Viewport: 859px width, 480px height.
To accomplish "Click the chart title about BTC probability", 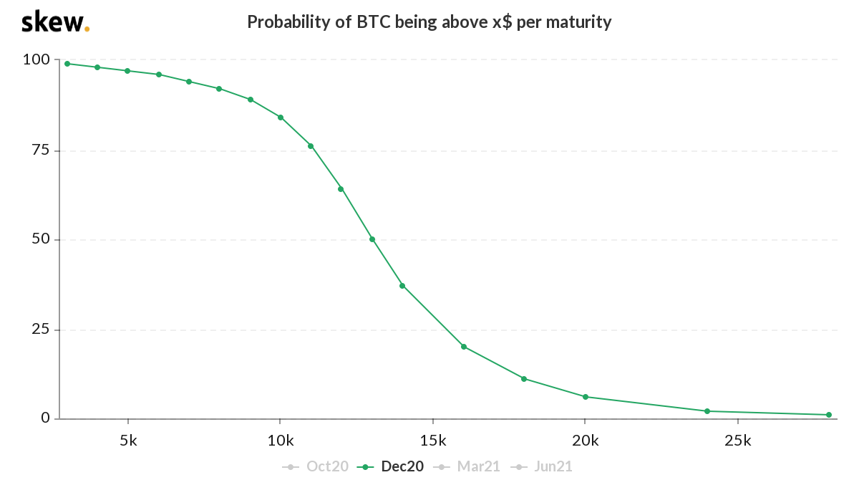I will click(429, 21).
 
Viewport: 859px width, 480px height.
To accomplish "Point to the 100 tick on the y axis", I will click(37, 59).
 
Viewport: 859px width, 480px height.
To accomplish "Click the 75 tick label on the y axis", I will click(40, 150).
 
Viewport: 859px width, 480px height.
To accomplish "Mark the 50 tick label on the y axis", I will click(40, 239).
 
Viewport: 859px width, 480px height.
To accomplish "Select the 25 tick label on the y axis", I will click(40, 330).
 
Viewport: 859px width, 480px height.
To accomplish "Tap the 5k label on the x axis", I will click(128, 440).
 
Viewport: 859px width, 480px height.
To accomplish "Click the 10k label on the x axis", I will click(281, 440).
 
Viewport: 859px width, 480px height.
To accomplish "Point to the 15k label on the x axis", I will click(433, 440).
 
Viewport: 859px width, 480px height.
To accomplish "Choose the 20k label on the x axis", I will click(586, 440).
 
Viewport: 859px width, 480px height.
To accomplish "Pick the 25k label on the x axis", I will click(738, 440).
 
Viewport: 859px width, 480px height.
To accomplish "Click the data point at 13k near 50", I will click(372, 239).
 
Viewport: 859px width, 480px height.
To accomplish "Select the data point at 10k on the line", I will click(281, 117).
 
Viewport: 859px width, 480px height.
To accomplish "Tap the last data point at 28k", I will click(829, 415).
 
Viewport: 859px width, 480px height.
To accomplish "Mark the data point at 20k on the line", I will click(586, 397).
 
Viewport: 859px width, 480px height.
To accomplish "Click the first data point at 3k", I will click(67, 64).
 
